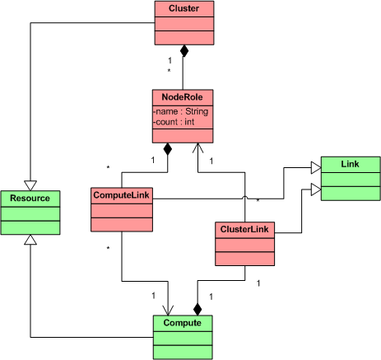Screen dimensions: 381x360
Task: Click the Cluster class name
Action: click(184, 8)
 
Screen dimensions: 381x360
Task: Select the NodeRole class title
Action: click(182, 97)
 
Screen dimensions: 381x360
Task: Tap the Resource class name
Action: click(30, 198)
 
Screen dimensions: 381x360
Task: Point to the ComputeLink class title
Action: click(121, 195)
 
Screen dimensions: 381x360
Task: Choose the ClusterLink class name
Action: click(244, 229)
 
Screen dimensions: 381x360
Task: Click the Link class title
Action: click(350, 164)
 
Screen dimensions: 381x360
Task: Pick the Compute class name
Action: click(182, 323)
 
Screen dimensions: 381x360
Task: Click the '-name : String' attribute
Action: click(181, 111)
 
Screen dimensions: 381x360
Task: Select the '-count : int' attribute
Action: click(174, 122)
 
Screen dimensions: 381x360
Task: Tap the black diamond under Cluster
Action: click(184, 51)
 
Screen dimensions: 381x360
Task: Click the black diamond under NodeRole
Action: click(167, 149)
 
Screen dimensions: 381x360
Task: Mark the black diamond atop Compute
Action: click(197, 309)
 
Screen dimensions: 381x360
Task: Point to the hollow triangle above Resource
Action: click(30, 185)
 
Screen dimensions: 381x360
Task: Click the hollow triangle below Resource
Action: click(30, 240)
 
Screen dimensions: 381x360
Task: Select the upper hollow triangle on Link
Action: click(316, 167)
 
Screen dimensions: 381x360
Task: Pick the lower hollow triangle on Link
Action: click(316, 189)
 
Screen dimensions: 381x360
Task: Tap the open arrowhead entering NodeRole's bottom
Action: click(197, 147)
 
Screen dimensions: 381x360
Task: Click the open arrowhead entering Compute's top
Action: click(168, 311)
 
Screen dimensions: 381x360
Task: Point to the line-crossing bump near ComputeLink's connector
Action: click(244, 197)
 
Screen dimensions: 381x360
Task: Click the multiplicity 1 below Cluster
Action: click(170, 60)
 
